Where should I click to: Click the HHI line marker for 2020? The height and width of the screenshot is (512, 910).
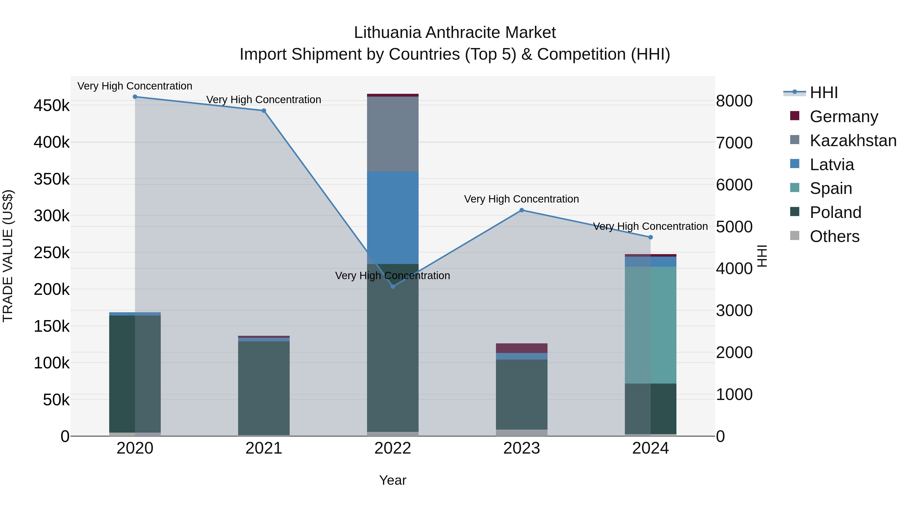[x=135, y=97]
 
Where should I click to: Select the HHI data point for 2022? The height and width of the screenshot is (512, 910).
[x=393, y=286]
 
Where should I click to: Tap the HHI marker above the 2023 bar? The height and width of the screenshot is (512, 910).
[x=521, y=210]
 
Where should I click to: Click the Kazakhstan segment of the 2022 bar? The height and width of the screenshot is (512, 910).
[x=393, y=134]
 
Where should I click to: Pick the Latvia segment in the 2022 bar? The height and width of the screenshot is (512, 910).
[x=393, y=217]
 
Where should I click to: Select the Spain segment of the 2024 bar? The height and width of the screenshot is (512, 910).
[x=651, y=325]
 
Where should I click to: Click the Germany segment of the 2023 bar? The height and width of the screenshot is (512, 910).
[x=521, y=348]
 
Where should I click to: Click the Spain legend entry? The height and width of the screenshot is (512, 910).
[x=831, y=188]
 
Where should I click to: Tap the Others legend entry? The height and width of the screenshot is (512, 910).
[x=834, y=236]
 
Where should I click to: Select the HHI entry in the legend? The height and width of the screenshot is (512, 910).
[x=824, y=93]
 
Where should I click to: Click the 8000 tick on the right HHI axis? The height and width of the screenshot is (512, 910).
[x=734, y=101]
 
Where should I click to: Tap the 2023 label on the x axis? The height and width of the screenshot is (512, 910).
[x=521, y=448]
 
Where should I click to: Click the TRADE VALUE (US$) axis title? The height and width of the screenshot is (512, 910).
[x=8, y=256]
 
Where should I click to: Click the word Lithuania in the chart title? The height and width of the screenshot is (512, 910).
[x=388, y=33]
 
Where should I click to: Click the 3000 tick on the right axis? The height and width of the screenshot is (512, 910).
[x=734, y=310]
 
